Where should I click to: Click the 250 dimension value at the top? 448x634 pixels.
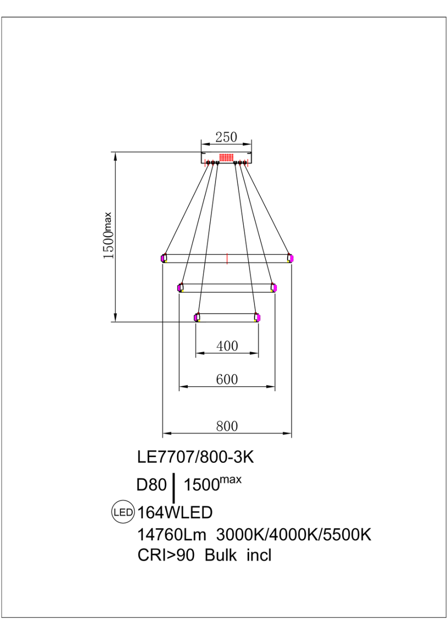(227, 137)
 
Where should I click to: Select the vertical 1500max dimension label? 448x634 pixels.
(108, 236)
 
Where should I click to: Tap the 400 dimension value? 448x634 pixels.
(227, 346)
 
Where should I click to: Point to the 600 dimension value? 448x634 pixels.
(227, 379)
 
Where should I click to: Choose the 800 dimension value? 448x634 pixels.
(227, 426)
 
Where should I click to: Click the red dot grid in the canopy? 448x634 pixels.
(226, 158)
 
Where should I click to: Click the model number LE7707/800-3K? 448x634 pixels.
(196, 457)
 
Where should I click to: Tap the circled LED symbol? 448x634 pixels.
(123, 513)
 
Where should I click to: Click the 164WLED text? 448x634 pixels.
(175, 513)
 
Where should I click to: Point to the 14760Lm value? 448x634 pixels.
(173, 535)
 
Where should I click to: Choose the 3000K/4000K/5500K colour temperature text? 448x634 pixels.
(293, 535)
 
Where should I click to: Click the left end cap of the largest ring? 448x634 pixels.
(164, 258)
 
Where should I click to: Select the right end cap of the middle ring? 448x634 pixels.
(274, 288)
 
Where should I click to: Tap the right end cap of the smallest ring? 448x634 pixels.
(257, 317)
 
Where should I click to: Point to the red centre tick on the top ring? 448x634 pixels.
(227, 258)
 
